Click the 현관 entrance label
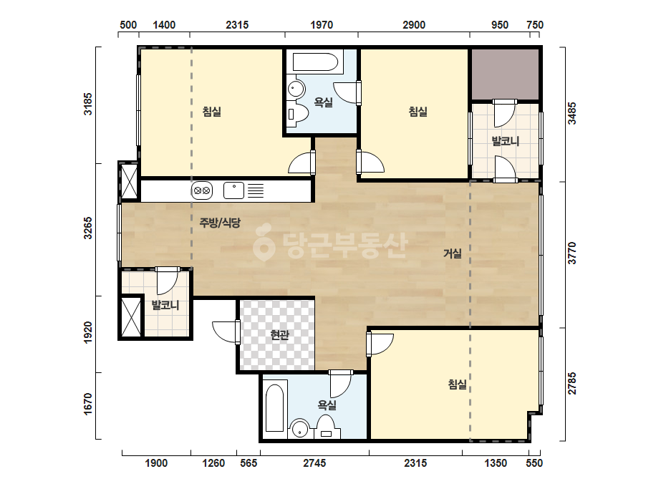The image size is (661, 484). (279, 335)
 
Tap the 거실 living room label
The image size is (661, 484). (453, 253)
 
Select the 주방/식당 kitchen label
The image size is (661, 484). (220, 222)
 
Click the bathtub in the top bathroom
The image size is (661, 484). (315, 62)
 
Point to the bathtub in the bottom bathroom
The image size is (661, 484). (275, 408)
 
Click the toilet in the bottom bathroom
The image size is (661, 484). (325, 427)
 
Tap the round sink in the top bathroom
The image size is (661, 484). (296, 89)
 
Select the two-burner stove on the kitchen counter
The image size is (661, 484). (202, 190)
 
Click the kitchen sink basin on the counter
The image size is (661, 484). (233, 190)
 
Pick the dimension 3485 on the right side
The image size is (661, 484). (572, 113)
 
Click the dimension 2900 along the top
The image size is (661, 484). (413, 25)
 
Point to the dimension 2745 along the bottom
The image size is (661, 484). (314, 463)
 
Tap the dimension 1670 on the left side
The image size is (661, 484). (87, 404)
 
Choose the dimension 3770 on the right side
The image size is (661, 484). (572, 253)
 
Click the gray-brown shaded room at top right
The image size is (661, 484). (505, 74)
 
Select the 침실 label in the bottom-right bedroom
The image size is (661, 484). (458, 384)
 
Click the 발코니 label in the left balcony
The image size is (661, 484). (165, 305)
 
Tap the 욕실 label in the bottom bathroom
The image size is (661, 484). (327, 405)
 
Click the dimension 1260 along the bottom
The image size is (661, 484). (213, 463)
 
